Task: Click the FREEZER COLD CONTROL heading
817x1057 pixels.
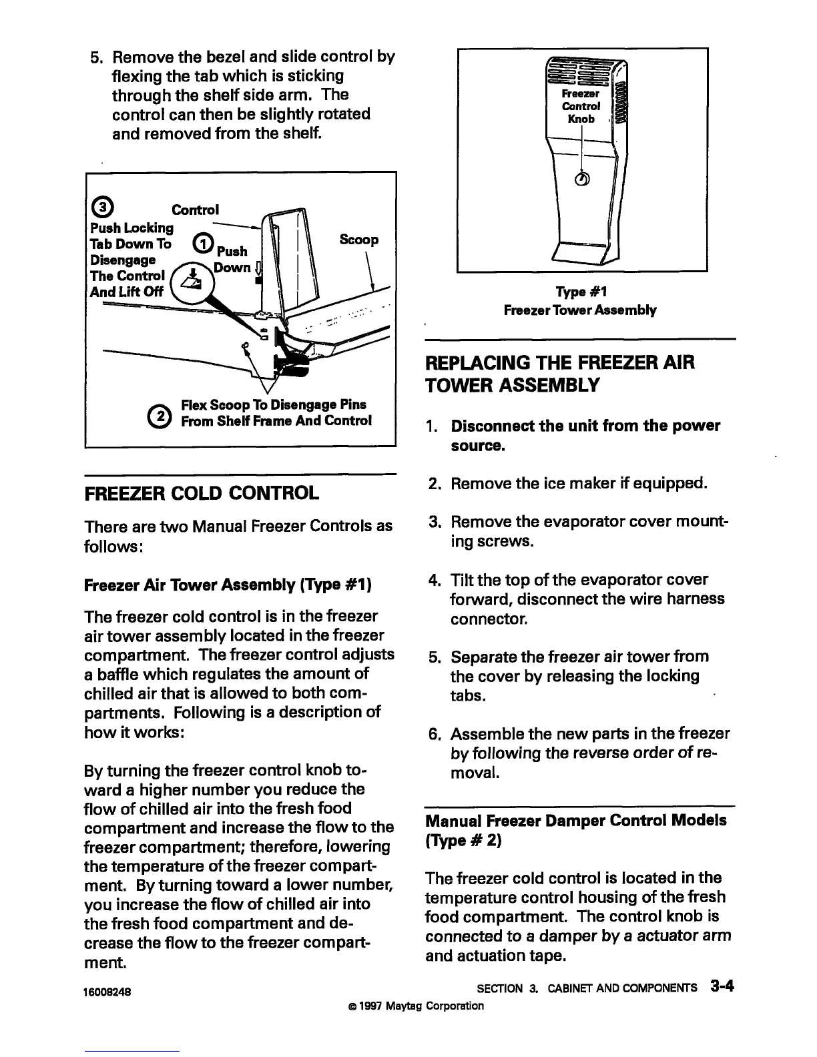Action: pos(202,494)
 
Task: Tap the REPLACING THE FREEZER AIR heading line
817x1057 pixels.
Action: pos(560,362)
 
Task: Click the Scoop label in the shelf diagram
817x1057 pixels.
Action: pos(358,240)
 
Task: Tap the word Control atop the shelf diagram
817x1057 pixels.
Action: pos(195,210)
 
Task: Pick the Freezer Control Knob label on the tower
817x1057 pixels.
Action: pos(581,107)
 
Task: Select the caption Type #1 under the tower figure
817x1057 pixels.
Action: pos(581,292)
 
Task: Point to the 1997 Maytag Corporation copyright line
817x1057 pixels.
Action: pos(411,1006)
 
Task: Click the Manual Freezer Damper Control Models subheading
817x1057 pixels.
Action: pos(575,820)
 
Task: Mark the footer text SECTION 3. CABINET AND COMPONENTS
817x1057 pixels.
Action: pos(587,988)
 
